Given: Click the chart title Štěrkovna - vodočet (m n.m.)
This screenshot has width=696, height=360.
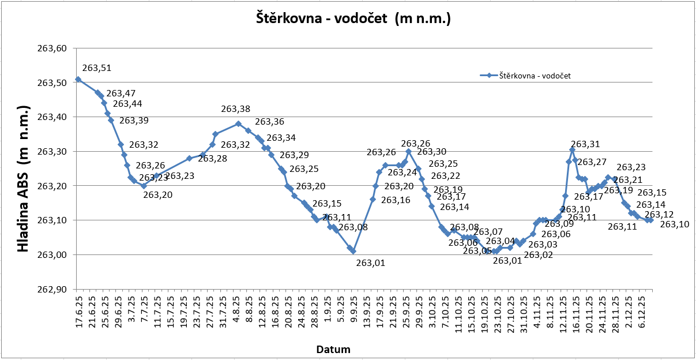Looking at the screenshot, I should (353, 18).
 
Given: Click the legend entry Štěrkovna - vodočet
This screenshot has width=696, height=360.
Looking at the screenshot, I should (535, 75).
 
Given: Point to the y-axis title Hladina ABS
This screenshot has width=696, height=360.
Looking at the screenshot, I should (24, 179).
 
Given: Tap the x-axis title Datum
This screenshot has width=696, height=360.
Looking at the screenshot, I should (333, 349).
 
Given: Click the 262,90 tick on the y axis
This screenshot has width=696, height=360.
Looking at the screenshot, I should (51, 290).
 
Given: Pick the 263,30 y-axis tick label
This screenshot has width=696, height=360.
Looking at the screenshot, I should (51, 152).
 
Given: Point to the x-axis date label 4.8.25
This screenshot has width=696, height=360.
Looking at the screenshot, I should (235, 311).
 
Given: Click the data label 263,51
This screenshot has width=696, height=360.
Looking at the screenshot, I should (97, 68).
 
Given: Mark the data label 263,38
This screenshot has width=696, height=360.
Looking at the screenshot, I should (236, 109).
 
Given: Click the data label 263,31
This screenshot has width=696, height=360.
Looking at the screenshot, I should (585, 144).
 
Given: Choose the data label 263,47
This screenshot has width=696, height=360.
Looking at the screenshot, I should (121, 93).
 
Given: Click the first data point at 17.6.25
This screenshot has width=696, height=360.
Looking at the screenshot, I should (78, 80).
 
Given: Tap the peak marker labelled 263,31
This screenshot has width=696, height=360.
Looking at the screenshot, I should (572, 150).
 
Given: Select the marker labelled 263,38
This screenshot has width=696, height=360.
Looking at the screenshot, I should (238, 123).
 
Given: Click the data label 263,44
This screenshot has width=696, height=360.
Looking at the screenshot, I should (127, 104).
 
